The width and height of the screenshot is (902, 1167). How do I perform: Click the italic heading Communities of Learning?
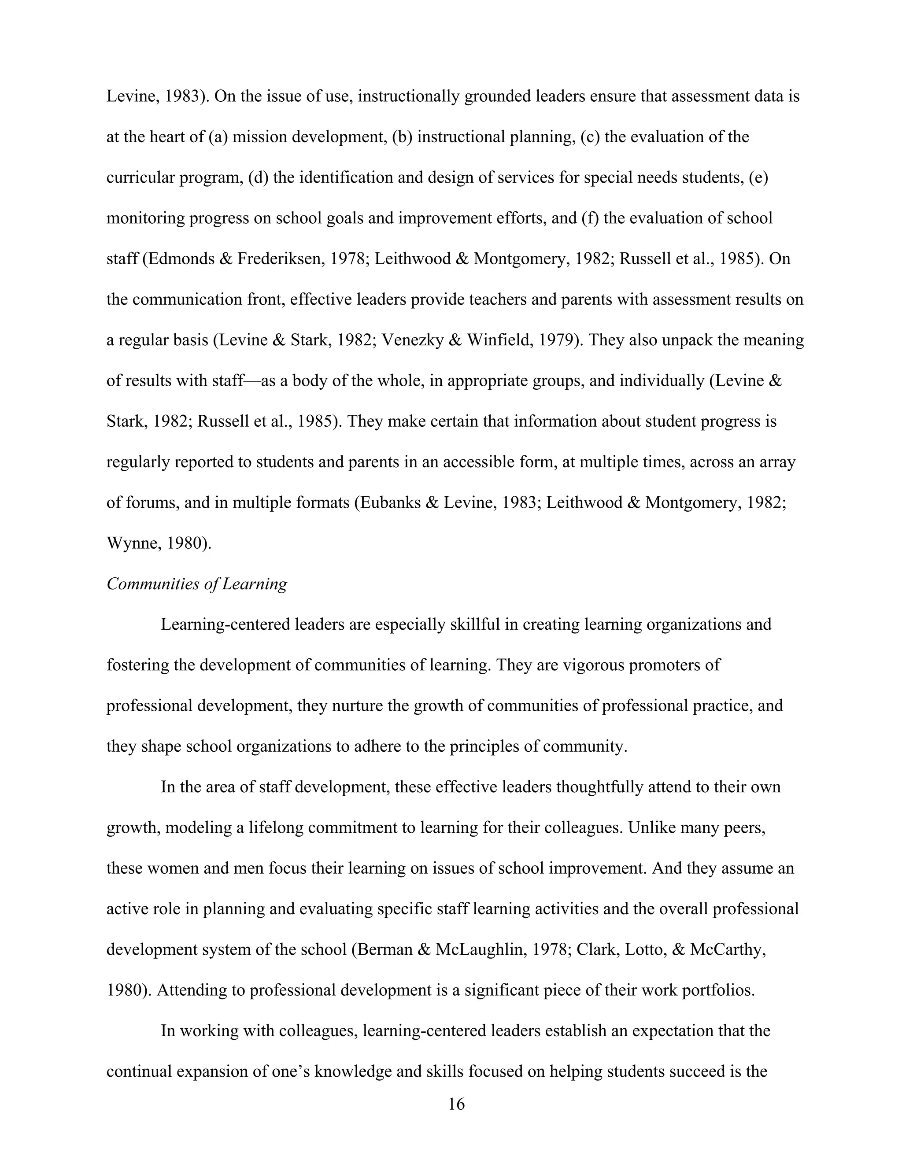pyautogui.click(x=196, y=584)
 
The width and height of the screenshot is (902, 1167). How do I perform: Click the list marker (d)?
pyautogui.click(x=259, y=178)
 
